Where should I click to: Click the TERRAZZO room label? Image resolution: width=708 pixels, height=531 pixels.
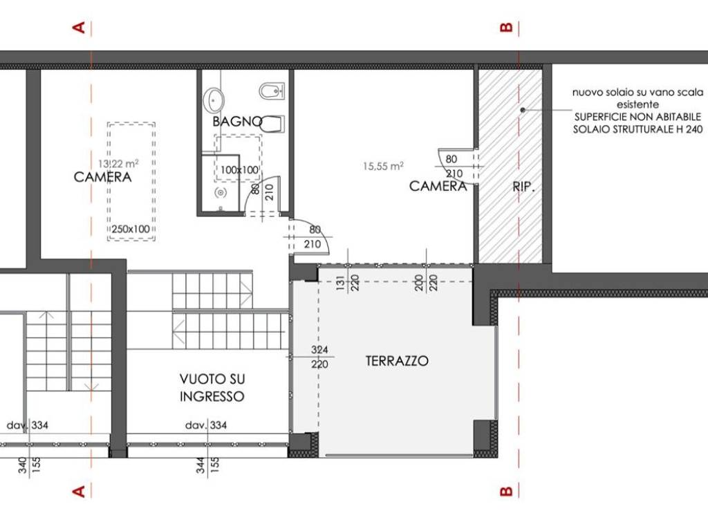[397, 361]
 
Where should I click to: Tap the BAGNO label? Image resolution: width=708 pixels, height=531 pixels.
[237, 122]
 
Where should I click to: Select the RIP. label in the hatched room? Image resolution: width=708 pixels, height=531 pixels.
[524, 187]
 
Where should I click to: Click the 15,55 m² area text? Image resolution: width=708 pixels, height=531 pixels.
[383, 166]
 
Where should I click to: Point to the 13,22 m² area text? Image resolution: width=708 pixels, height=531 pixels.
[118, 163]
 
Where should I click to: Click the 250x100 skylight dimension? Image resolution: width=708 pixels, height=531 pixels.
[131, 229]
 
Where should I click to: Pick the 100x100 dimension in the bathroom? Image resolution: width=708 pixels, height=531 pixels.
[239, 170]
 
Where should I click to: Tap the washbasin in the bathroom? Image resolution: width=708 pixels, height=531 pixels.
[213, 100]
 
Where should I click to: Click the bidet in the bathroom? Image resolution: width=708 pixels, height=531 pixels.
[272, 91]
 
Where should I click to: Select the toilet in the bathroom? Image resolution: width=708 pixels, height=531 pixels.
[272, 124]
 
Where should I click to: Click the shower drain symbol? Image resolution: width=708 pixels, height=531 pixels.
[221, 193]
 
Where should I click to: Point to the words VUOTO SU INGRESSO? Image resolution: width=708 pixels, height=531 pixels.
[212, 387]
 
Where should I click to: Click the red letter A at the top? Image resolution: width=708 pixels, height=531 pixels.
[79, 28]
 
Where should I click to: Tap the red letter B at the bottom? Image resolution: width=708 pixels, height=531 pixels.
[506, 491]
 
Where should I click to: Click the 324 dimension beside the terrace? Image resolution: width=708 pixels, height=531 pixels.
[319, 349]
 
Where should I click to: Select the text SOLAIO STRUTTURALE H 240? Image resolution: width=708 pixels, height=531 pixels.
[638, 129]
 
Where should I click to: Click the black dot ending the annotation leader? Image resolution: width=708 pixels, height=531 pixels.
[523, 110]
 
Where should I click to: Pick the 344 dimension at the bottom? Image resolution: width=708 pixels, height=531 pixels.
[201, 465]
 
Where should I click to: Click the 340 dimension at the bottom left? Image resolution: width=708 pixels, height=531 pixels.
[23, 465]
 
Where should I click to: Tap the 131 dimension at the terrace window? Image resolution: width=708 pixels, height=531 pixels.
[341, 283]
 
